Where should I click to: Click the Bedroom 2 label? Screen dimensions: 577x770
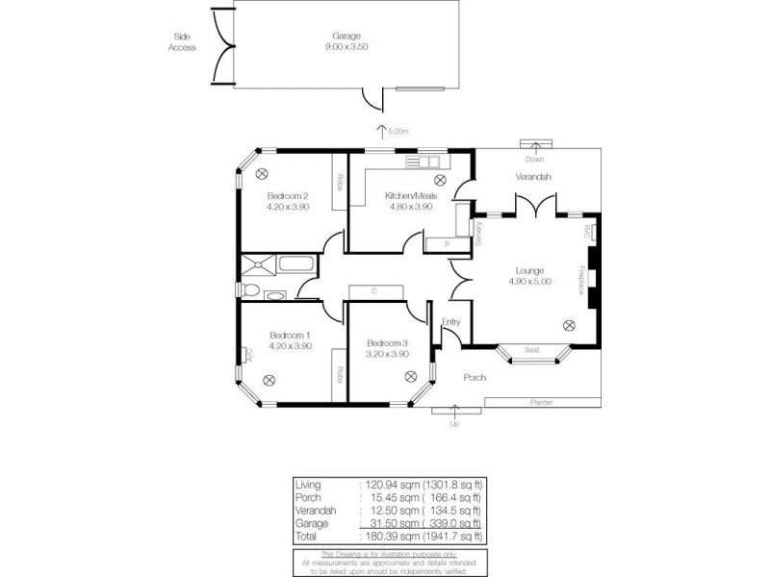click(287, 196)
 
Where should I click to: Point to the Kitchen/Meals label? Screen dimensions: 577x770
click(411, 196)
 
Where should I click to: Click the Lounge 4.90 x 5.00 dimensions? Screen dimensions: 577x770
click(529, 282)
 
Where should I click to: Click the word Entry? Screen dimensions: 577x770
click(451, 322)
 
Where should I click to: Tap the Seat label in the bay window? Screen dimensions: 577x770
click(530, 349)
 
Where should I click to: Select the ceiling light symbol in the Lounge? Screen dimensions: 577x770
click(569, 325)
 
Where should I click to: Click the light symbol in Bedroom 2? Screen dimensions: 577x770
click(263, 173)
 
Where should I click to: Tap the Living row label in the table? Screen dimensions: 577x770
click(309, 486)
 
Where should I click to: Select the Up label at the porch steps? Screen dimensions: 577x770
click(454, 423)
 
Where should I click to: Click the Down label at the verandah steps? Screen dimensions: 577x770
click(533, 159)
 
